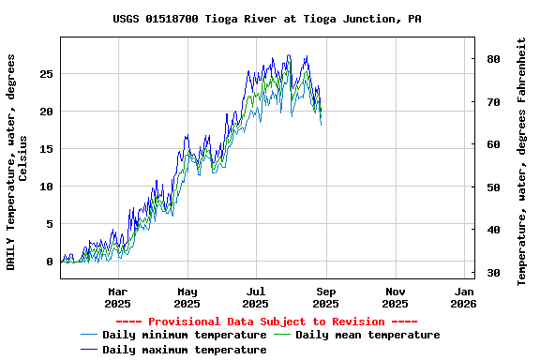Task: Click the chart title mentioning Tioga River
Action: tap(267, 19)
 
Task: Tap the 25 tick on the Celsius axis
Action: tap(46, 74)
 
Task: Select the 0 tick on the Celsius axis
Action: tap(50, 262)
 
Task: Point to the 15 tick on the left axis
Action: tap(46, 149)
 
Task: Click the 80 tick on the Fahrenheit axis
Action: tap(492, 59)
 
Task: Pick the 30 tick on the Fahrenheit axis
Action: tap(492, 273)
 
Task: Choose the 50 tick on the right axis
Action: tap(492, 187)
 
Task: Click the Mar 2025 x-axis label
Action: tap(117, 297)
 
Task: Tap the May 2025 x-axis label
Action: tap(187, 297)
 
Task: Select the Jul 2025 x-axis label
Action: tap(256, 297)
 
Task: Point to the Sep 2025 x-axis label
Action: tap(325, 297)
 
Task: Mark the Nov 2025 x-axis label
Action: tap(395, 297)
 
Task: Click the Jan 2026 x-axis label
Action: tap(463, 297)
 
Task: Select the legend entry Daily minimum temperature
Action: tap(184, 335)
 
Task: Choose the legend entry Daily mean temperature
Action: tap(367, 335)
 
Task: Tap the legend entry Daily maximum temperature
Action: tap(184, 350)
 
